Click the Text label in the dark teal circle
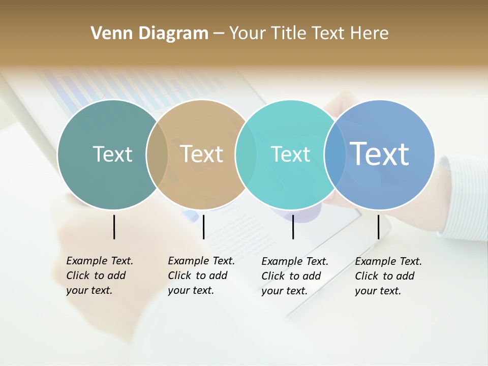[112, 154]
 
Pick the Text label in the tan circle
[202, 154]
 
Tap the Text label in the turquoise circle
[290, 154]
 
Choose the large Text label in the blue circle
[380, 154]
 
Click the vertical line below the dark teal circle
[114, 227]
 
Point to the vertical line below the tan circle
[203, 227]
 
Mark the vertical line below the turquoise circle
[293, 227]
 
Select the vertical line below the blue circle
[378, 227]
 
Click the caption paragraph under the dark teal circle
[100, 276]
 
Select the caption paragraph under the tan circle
[201, 276]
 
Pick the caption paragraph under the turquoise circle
[295, 276]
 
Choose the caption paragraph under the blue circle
[388, 276]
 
